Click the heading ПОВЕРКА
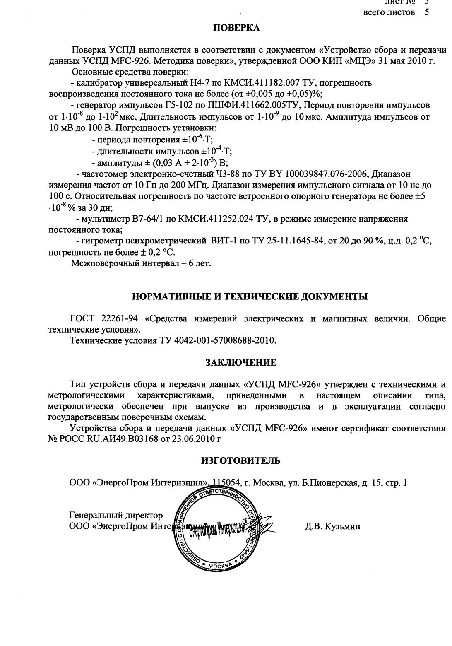click(x=236, y=28)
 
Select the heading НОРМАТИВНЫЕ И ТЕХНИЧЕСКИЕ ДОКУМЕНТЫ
click(x=249, y=296)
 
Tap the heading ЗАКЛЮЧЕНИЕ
click(x=241, y=363)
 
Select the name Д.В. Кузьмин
click(x=332, y=527)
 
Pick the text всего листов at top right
click(x=389, y=12)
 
